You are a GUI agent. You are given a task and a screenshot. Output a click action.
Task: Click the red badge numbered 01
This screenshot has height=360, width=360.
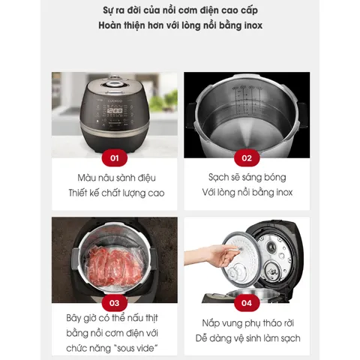pos(115,157)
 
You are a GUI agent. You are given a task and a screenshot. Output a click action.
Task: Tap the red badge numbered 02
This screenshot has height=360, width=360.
pos(247,157)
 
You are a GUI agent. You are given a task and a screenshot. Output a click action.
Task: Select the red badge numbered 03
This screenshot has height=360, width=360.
pos(115,303)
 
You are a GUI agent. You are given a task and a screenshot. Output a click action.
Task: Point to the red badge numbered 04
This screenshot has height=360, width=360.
pos(247,303)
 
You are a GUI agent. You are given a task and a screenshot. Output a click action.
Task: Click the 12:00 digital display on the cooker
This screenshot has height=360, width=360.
pos(115,111)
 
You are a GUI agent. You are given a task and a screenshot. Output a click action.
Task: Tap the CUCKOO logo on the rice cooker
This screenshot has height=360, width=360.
pos(115,101)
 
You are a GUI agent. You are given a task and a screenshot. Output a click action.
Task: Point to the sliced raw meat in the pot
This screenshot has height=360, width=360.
pos(115,265)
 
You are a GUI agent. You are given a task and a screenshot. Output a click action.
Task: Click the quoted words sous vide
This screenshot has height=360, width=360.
pos(136,348)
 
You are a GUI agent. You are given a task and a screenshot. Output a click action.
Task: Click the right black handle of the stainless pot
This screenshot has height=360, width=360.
pos(302,115)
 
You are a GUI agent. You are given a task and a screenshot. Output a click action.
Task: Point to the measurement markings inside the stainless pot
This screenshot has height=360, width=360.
pos(247,99)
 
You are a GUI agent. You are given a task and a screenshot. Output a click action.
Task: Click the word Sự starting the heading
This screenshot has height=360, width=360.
pos(107,10)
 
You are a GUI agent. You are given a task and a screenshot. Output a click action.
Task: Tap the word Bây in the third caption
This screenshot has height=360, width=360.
pos(73,318)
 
